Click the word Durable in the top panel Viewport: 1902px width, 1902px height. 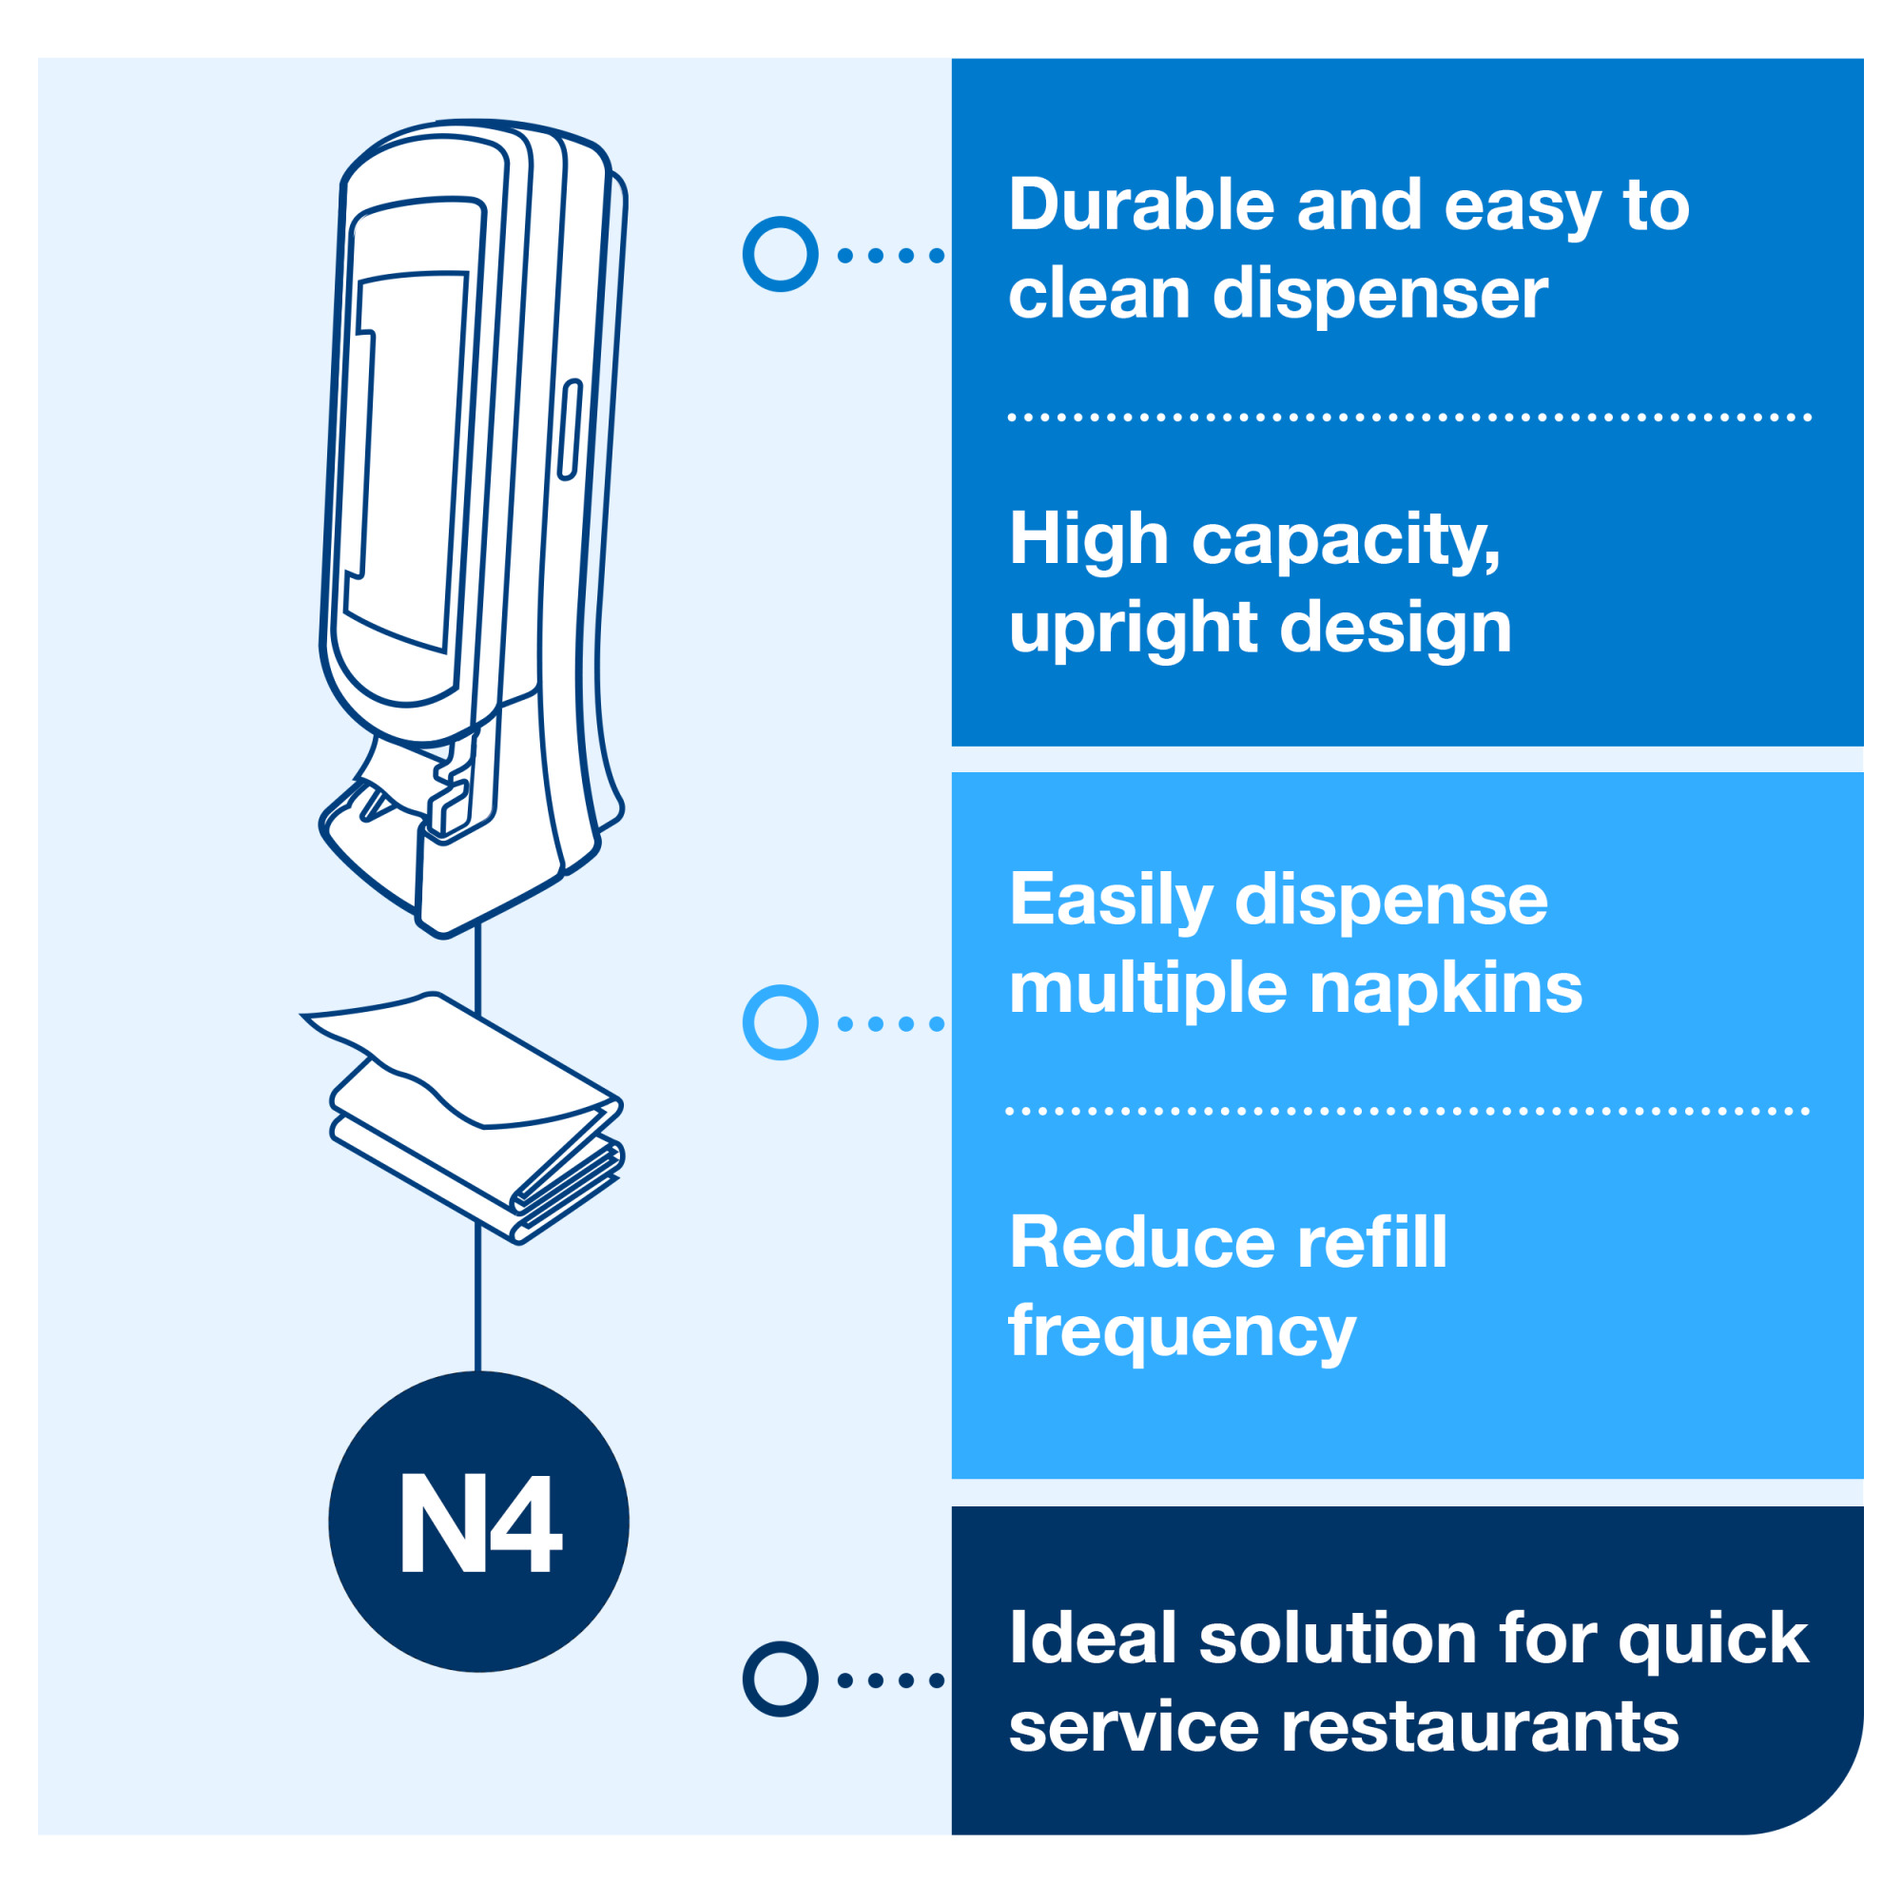(1140, 205)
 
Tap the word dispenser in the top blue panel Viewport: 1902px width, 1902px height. (1379, 295)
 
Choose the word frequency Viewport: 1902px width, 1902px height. (1181, 1332)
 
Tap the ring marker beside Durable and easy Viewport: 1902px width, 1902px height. (780, 254)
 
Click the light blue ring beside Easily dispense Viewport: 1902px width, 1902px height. (780, 1023)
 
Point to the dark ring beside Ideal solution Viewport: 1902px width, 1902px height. (780, 1679)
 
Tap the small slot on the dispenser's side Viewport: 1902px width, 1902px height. (569, 430)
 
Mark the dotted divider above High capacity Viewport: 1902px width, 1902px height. (1407, 417)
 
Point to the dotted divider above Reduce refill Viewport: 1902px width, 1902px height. (1407, 1112)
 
